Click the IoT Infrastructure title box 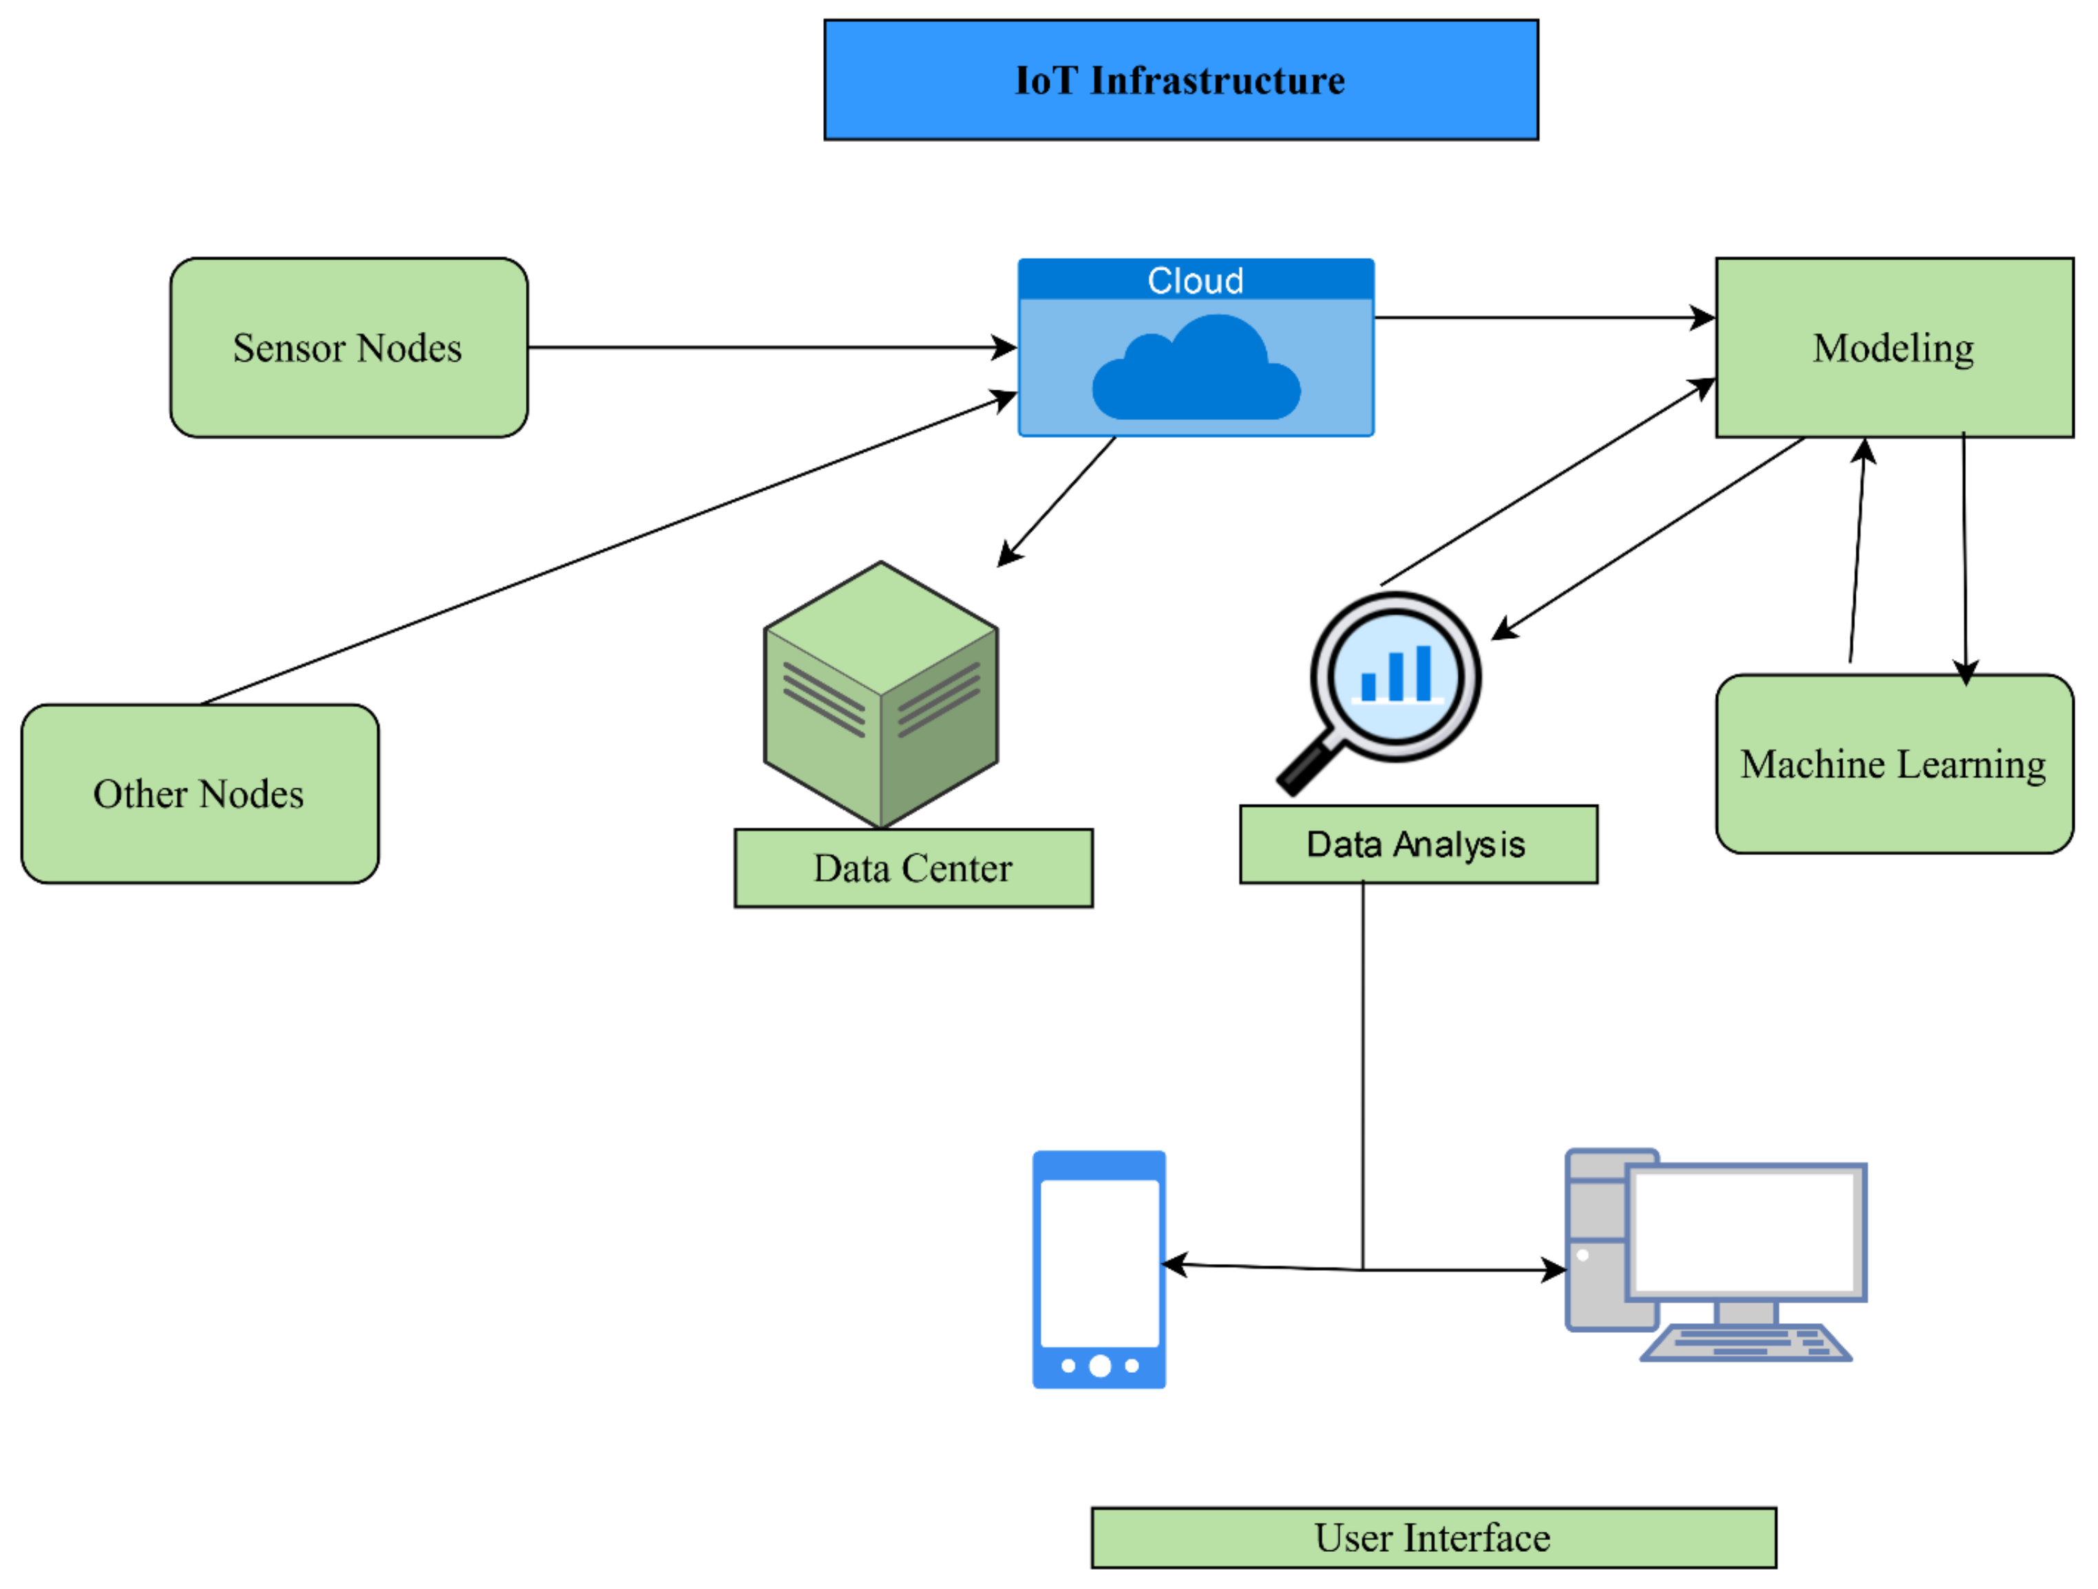[1181, 80]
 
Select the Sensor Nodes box [348, 347]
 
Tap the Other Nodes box [199, 793]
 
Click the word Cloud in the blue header [1195, 281]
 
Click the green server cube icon [880, 695]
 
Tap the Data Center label [913, 868]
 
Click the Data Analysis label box [1418, 844]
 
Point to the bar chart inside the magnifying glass [1396, 675]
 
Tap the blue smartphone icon [1099, 1270]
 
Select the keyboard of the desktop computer [1744, 1343]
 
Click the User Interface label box [1433, 1538]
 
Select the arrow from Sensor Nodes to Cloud [768, 347]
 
